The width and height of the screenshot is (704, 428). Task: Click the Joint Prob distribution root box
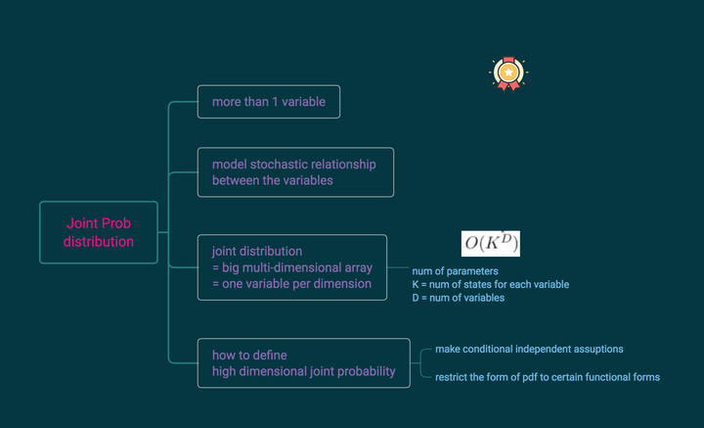(98, 232)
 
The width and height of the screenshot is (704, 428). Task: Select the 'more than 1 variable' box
(268, 102)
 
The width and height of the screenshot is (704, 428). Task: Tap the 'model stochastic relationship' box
(295, 171)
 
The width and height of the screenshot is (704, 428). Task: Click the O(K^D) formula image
(490, 243)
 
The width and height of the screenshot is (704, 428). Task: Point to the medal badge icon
(506, 73)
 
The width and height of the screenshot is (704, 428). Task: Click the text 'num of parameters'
(455, 270)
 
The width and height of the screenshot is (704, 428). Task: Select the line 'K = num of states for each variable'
(490, 284)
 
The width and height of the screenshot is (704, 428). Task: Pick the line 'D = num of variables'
(458, 298)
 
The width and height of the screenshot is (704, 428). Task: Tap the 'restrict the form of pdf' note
(548, 377)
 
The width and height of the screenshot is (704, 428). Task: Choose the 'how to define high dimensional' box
(303, 362)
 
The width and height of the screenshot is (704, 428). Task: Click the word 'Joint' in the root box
(83, 223)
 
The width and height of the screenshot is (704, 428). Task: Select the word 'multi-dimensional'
(292, 267)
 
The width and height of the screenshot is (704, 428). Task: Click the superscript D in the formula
(506, 238)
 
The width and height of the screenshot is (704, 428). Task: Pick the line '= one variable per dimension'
(291, 284)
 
